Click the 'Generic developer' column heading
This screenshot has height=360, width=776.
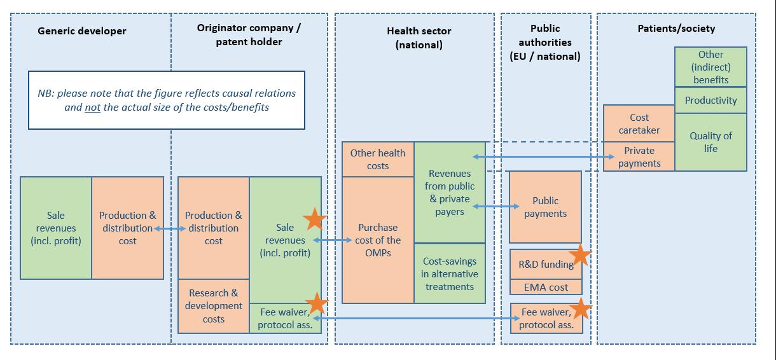pos(82,31)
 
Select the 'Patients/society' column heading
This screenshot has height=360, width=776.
pos(676,28)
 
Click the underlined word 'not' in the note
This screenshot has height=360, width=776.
pos(93,107)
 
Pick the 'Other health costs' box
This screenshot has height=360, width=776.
pos(378,159)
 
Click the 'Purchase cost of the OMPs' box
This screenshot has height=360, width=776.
pos(378,240)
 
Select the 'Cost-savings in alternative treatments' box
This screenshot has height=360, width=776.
pos(449,273)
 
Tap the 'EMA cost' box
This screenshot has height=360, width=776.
pos(546,287)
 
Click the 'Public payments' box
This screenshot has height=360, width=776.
pos(545,207)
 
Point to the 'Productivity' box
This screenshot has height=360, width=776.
pos(710,100)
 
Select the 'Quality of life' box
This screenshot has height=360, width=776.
pos(710,142)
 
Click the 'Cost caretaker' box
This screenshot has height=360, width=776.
pos(639,123)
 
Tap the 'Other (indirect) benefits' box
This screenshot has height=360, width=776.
pos(710,67)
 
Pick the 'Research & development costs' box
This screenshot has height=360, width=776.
pos(214,306)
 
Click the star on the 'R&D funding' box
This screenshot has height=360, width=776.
pos(579,256)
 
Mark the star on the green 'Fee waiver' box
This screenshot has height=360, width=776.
pos(316,304)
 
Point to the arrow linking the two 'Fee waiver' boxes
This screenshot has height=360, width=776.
pos(413,318)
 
